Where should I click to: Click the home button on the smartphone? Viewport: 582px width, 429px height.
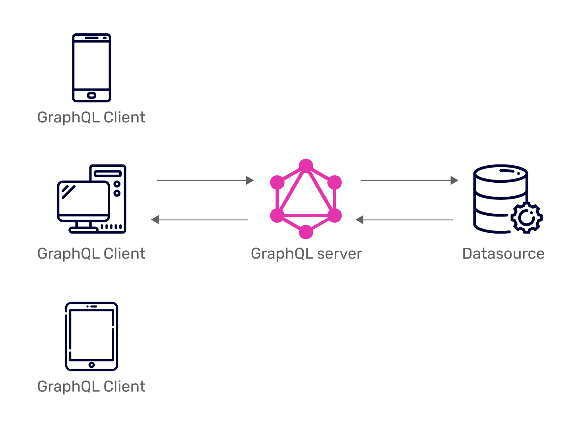point(91,95)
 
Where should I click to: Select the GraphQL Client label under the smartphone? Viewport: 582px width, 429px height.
point(91,118)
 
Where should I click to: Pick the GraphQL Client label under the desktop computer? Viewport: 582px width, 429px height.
point(91,254)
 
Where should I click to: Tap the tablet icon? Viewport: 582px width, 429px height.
point(91,336)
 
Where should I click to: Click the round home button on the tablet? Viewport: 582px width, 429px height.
point(91,365)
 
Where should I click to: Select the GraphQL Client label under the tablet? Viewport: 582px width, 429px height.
point(91,386)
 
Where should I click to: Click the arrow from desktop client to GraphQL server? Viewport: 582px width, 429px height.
point(205,180)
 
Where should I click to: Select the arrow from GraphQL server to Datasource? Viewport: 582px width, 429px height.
point(409,180)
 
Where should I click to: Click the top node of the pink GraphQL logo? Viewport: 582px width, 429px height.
point(306,166)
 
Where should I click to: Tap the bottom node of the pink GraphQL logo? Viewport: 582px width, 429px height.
point(306,232)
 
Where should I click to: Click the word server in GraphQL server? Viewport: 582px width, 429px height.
point(339,254)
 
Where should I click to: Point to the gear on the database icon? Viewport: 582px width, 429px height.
point(527,218)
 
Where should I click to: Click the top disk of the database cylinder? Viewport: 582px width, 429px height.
point(501,174)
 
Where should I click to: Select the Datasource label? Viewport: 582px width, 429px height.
point(503,254)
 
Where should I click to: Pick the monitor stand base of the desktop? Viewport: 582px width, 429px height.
point(83,230)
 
